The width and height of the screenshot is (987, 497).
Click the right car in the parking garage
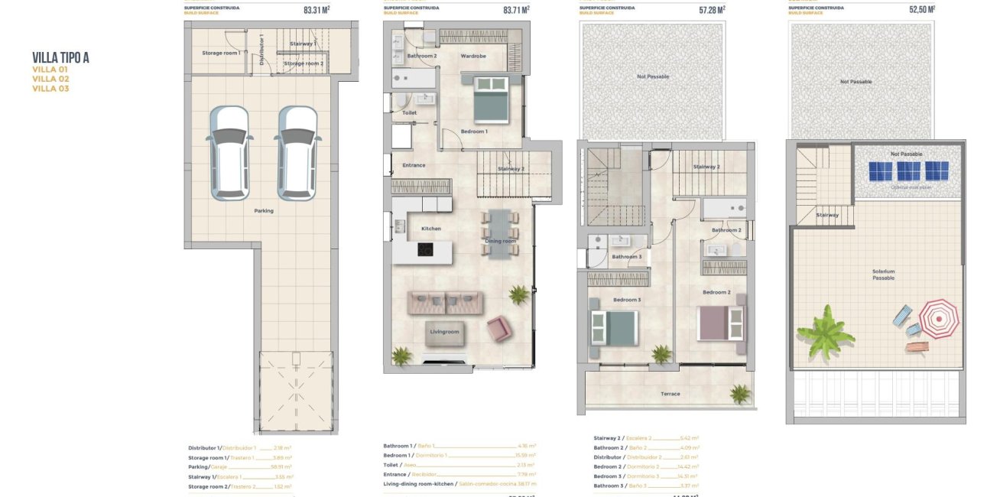[x=297, y=153]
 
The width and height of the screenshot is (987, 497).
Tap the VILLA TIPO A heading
[x=61, y=58]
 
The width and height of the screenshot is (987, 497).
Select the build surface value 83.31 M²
[x=317, y=11]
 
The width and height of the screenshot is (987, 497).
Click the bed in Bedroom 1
[x=490, y=99]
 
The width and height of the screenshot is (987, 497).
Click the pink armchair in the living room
[x=499, y=329]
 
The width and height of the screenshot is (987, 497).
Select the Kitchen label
[x=430, y=229]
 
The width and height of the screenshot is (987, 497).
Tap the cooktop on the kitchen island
[x=426, y=249]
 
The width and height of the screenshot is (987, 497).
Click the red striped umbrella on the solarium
[x=938, y=318]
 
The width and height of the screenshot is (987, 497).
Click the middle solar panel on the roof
[x=907, y=171]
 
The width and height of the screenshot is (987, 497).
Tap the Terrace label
[x=670, y=394]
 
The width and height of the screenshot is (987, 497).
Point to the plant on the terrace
[x=739, y=393]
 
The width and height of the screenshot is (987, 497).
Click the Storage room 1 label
[x=221, y=53]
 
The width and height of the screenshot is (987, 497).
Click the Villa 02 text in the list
[x=50, y=79]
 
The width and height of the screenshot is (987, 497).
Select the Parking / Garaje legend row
[x=239, y=466]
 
